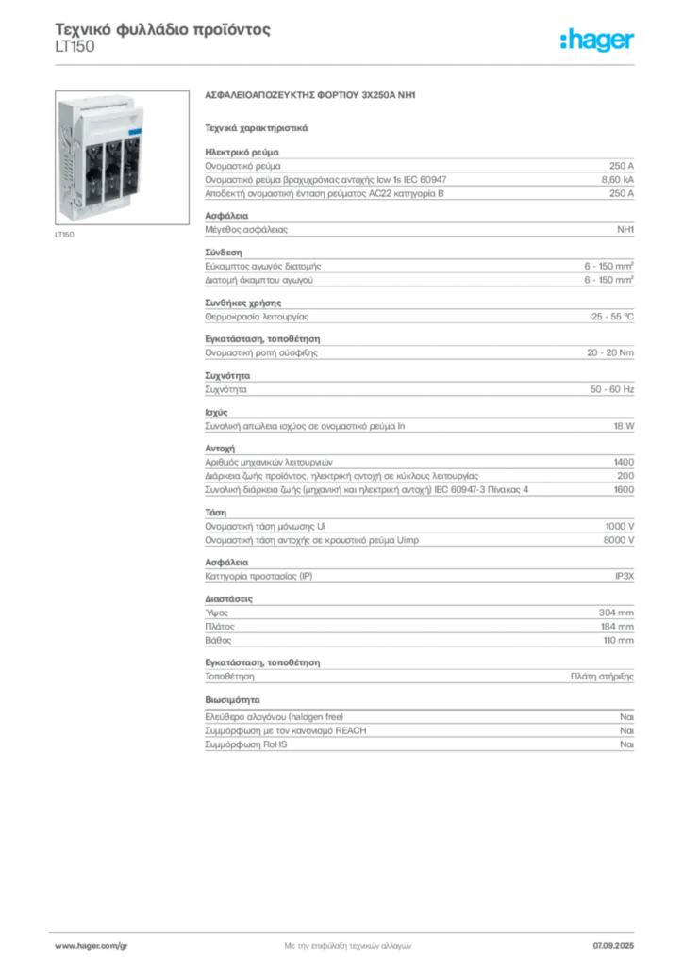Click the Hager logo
tap(597, 41)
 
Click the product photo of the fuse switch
tap(122, 157)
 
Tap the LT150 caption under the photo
tap(64, 235)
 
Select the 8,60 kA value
tap(617, 180)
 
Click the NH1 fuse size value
tap(625, 230)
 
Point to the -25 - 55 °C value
tap(611, 317)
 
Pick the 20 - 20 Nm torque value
tap(609, 352)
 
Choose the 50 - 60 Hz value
tap(611, 389)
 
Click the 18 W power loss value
tap(624, 426)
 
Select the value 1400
tap(624, 462)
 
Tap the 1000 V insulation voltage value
tap(619, 526)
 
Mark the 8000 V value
tap(618, 540)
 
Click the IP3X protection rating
tap(624, 576)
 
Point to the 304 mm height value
tap(616, 613)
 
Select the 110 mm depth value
tap(618, 640)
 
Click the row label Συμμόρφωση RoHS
tap(245, 744)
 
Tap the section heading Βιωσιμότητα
tap(232, 700)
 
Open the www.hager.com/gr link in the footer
tap(92, 946)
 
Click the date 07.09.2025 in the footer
tap(613, 946)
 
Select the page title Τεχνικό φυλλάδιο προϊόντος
tap(162, 29)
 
